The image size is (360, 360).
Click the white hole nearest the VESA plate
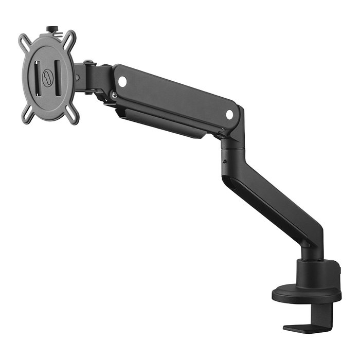[122, 81]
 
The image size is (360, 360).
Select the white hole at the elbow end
[229, 115]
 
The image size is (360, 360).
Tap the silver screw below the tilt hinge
[112, 95]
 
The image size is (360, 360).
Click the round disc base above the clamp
[307, 295]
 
